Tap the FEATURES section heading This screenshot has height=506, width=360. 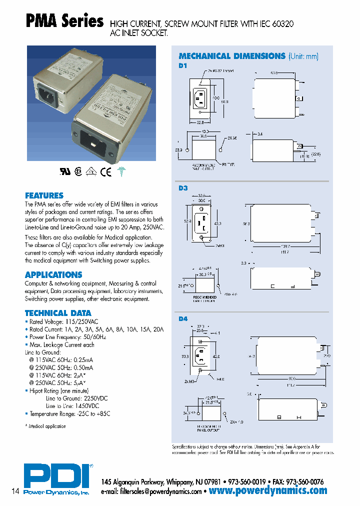(x=44, y=195)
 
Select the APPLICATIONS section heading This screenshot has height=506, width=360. (x=53, y=274)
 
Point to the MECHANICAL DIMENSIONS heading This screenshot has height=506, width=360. (x=232, y=56)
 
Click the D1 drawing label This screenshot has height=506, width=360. (x=182, y=65)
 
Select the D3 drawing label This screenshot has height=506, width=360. (x=182, y=188)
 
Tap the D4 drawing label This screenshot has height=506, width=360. (x=182, y=318)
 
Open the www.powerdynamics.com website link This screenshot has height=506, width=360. (x=268, y=491)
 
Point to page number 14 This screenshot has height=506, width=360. (x=15, y=491)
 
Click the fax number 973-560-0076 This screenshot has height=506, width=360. (x=304, y=482)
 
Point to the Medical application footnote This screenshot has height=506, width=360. (x=46, y=426)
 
